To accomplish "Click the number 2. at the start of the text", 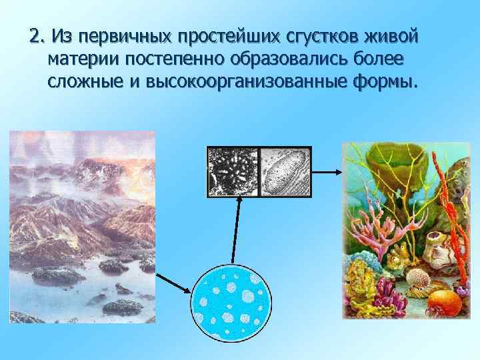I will [38, 34].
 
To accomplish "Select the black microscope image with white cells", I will [233, 171].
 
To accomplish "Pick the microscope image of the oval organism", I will [285, 171].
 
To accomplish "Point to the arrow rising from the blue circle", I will [235, 230].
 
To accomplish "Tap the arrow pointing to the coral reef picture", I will [326, 171].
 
